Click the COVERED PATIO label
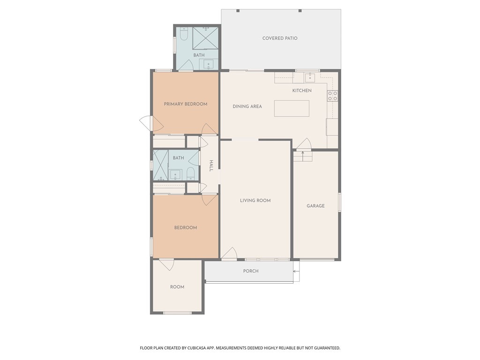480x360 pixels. [x=280, y=38]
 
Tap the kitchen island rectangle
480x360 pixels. [x=292, y=108]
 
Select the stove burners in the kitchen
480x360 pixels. [x=332, y=96]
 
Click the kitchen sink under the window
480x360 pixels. [x=310, y=77]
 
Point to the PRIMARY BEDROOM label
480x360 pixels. [x=186, y=104]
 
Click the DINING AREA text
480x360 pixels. [x=247, y=106]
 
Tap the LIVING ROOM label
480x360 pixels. [x=255, y=201]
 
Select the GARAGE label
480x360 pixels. [x=315, y=206]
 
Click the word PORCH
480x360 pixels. [x=251, y=271]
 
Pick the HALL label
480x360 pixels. [x=211, y=165]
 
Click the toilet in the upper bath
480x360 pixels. [x=184, y=34]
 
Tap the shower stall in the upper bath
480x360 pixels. [x=205, y=38]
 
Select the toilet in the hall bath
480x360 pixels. [x=190, y=173]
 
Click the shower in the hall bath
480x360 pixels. [x=161, y=165]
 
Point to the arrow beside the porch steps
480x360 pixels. [x=296, y=271]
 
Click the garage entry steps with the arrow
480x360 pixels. [x=303, y=157]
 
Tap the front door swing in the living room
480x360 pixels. [x=229, y=253]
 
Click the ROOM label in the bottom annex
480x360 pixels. [x=177, y=287]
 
